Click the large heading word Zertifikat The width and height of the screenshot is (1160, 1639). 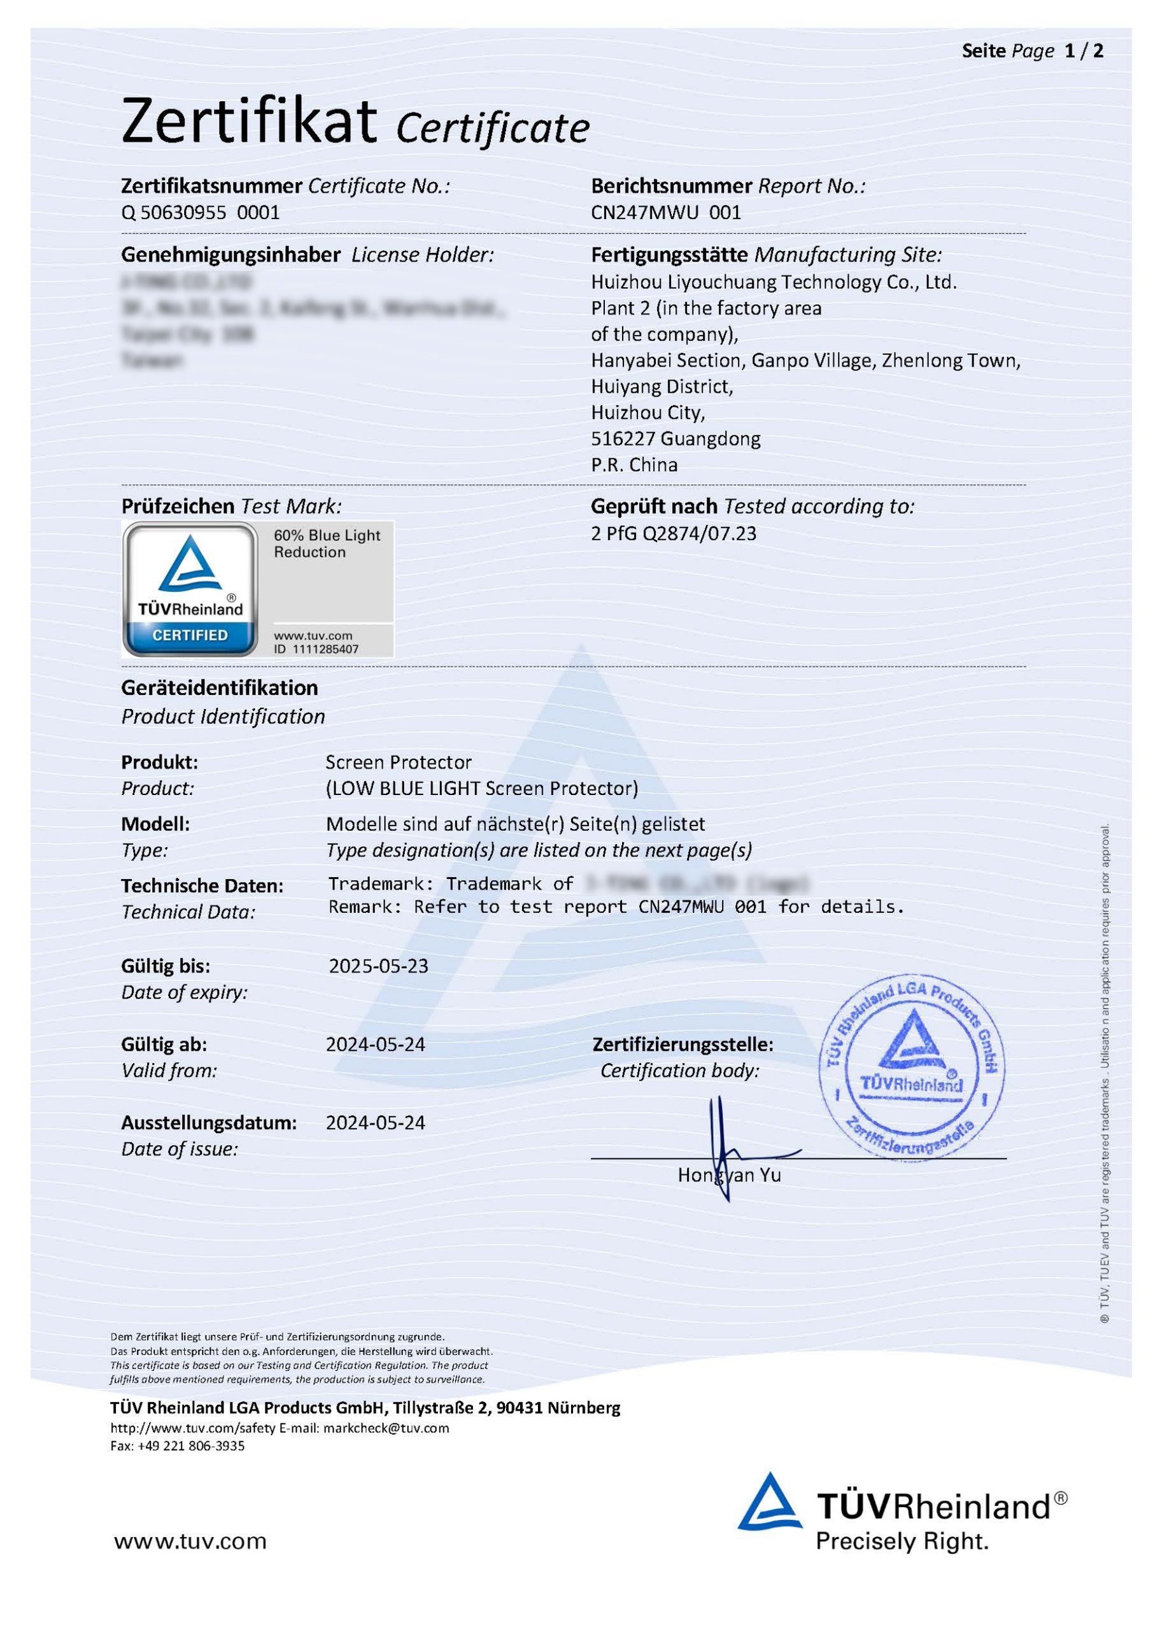(248, 122)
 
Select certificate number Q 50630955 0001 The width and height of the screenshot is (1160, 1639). (200, 213)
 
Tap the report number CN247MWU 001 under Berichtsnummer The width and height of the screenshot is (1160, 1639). (666, 213)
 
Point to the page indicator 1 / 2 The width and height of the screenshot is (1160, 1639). (1083, 52)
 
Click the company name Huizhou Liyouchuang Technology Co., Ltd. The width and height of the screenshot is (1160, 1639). (773, 282)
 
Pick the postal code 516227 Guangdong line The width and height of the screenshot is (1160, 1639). (675, 439)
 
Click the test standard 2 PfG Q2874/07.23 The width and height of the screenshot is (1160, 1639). (673, 533)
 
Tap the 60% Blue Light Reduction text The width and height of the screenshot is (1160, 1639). (327, 544)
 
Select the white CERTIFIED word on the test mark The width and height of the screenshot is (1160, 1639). (190, 635)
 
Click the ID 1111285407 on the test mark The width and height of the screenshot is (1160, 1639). (316, 649)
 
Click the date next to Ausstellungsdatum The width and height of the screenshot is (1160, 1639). (375, 1123)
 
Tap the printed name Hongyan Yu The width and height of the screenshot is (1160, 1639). (728, 1176)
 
